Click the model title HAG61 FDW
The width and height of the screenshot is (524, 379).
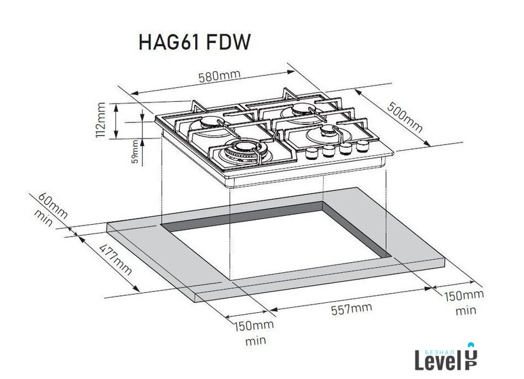coord(194,42)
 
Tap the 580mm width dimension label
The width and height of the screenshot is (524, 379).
coord(219,76)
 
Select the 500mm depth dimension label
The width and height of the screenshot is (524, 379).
coord(405,117)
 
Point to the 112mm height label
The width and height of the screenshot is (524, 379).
coord(100,121)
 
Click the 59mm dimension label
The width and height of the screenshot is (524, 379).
coord(135,151)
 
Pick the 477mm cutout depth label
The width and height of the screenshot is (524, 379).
coord(115,260)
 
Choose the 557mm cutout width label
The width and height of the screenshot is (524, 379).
coord(351,308)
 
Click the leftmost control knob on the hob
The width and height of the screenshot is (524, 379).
coord(312,153)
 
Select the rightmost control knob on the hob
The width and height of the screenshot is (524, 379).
coord(362,145)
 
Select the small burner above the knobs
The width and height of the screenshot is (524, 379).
coord(326,133)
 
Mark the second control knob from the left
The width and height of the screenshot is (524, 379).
coord(329,151)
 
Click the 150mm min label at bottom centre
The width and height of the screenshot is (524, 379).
coord(254,333)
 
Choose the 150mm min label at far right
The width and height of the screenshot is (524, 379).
coord(464,302)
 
